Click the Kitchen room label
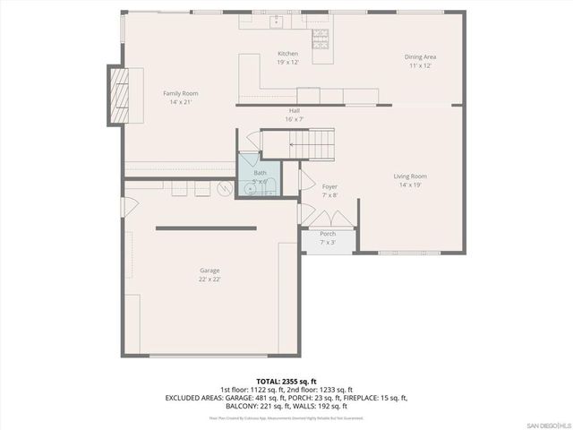click(288, 55)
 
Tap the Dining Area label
click(421, 57)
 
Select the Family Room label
click(180, 93)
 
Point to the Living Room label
click(410, 176)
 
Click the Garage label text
click(210, 271)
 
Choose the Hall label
click(295, 110)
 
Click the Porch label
click(328, 234)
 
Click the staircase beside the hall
click(309, 142)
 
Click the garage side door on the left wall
click(130, 206)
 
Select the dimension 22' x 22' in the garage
click(210, 279)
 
